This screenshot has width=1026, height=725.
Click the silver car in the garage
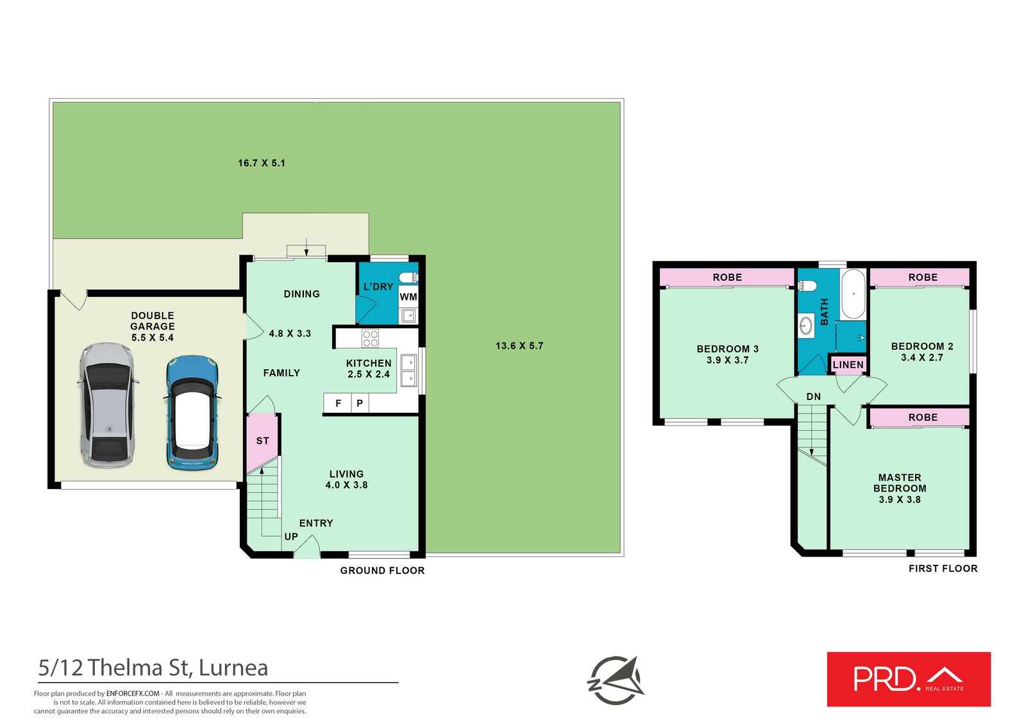(x=108, y=405)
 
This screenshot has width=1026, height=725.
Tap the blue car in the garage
(x=192, y=413)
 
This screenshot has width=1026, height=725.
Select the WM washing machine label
(x=408, y=297)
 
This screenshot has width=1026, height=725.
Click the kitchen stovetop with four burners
(x=370, y=338)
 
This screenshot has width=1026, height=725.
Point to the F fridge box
(x=337, y=403)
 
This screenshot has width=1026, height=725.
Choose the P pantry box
(x=360, y=403)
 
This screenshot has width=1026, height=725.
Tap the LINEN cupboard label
(x=848, y=365)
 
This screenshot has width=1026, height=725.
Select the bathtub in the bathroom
(x=854, y=294)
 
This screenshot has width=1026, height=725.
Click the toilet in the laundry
(x=408, y=277)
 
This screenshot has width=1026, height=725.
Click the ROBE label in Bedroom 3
(x=727, y=277)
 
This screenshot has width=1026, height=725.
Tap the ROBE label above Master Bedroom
(x=923, y=417)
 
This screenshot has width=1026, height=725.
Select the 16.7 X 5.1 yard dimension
(x=262, y=163)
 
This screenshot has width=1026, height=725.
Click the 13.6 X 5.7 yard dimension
(x=519, y=346)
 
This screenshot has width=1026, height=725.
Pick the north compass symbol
(x=615, y=680)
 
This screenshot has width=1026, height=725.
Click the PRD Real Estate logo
(x=909, y=679)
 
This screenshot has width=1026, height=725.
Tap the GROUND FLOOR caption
(x=382, y=571)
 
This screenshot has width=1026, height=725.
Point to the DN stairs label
(x=814, y=397)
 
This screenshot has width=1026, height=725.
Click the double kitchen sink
(x=408, y=370)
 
